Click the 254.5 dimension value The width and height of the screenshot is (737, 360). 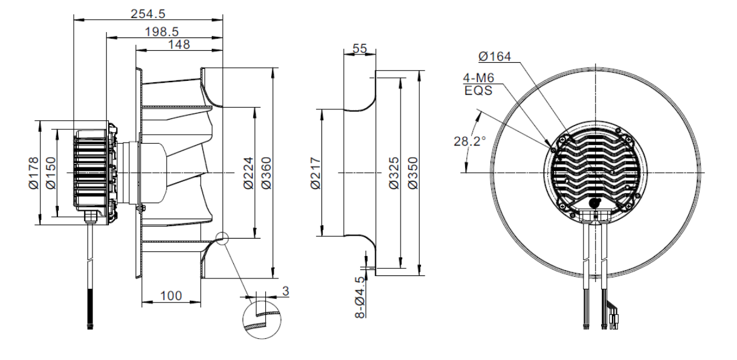148,13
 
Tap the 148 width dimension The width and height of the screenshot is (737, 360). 179,44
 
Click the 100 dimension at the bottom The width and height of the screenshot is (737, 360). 171,295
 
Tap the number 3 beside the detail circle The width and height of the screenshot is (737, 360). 285,291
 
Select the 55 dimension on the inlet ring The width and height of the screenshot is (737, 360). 359,49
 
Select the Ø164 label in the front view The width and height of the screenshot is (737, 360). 494,57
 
